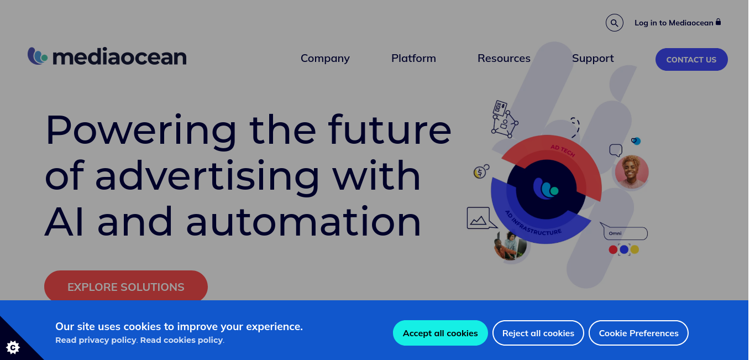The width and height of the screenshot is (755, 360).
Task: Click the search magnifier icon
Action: (x=614, y=23)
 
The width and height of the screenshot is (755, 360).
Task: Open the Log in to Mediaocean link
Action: (x=678, y=23)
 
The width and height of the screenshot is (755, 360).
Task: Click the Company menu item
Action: (x=325, y=58)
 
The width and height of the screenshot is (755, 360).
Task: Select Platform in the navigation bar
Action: (x=413, y=58)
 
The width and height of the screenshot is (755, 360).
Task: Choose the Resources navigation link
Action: (x=504, y=58)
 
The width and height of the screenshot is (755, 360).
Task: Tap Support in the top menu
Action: (x=593, y=58)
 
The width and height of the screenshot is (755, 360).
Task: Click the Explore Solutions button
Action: (x=125, y=286)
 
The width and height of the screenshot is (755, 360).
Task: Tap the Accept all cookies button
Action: (x=440, y=333)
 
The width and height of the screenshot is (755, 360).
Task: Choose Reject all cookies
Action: (x=538, y=333)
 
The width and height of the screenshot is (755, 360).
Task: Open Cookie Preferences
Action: (x=638, y=333)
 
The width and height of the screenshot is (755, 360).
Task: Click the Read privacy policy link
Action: (x=96, y=340)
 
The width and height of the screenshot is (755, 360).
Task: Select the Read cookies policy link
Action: (x=181, y=340)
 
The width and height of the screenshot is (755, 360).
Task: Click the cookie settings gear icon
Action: (x=13, y=347)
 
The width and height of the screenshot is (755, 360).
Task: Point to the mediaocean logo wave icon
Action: (x=38, y=56)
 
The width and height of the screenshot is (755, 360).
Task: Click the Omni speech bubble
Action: (x=624, y=232)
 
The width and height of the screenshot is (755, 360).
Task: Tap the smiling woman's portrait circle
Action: (x=631, y=171)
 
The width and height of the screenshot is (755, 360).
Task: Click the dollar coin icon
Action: (x=481, y=171)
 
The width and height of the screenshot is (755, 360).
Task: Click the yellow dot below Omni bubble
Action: (x=635, y=249)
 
